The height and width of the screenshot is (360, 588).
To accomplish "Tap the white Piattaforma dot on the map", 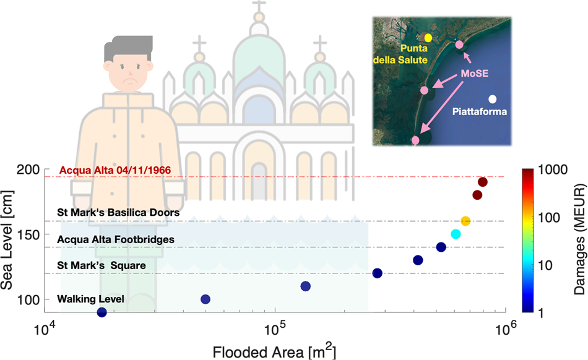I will (x=492, y=99).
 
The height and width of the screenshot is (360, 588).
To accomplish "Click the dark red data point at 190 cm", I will (x=483, y=182).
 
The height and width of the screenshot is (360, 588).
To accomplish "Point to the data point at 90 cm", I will (x=102, y=312).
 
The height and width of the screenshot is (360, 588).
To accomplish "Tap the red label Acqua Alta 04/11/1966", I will (x=115, y=170).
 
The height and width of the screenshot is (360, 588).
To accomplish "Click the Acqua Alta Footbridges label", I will (x=116, y=239).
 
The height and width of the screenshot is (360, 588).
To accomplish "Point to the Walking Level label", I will (x=91, y=299).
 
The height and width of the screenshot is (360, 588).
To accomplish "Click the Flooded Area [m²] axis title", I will (x=274, y=351).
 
